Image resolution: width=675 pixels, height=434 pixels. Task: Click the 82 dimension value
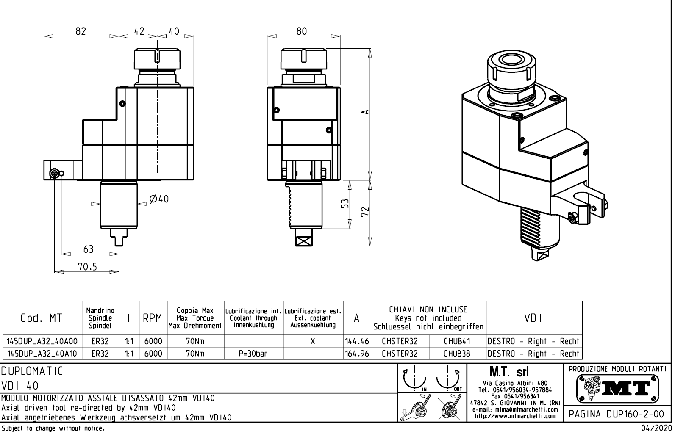(x=81, y=31)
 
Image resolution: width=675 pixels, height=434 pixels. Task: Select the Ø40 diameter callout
(x=159, y=199)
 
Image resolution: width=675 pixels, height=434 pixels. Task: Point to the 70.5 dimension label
(x=87, y=266)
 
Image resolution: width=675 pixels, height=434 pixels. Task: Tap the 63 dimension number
(x=88, y=249)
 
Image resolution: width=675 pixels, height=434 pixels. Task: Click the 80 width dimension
(x=302, y=31)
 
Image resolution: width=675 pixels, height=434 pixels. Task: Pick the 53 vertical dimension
(x=345, y=204)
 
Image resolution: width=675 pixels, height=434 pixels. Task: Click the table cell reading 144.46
(x=357, y=341)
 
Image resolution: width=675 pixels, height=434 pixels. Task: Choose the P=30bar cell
(x=253, y=354)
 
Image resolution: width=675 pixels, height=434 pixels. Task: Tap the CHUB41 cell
(x=457, y=341)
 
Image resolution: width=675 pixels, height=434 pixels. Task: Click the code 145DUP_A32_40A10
(x=42, y=354)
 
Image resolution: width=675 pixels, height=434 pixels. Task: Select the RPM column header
(x=153, y=318)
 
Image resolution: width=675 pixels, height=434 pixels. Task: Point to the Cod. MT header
(x=41, y=318)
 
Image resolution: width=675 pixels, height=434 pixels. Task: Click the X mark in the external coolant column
(x=313, y=341)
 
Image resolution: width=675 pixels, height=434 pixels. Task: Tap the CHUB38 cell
(x=457, y=354)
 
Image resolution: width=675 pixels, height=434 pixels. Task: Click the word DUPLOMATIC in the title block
(x=32, y=371)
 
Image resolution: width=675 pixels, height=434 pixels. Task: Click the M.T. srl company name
(x=509, y=372)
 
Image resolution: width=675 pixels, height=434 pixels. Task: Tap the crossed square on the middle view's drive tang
(x=304, y=241)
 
